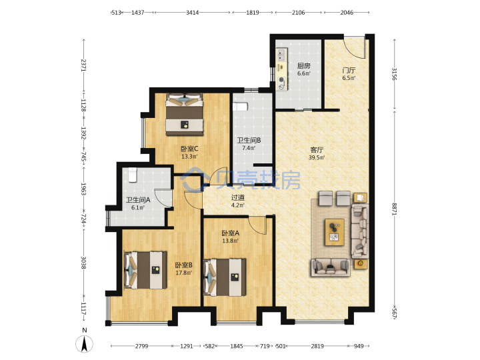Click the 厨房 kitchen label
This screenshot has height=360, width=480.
pos(304,66)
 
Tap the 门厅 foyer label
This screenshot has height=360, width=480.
pos(349,71)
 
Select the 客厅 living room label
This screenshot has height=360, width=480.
pos(317,150)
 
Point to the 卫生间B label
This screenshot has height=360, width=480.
pos(249,141)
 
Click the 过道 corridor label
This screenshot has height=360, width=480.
pos(238,198)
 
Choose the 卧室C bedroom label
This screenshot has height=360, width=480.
pos(189,149)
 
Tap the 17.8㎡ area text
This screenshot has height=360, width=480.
pos(184,273)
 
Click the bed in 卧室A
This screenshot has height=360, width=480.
pos(225,277)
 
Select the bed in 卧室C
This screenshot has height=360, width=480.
pos(185,114)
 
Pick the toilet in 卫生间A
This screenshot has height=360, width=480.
pos(133,175)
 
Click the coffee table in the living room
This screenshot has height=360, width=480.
pos(335,232)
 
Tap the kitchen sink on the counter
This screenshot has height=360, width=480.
pos(281,55)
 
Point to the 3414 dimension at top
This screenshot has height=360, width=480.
pos(192,13)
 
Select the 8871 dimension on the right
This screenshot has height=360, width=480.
pos(394,209)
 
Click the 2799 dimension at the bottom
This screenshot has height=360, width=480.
pos(141,346)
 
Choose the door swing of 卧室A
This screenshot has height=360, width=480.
pos(257,225)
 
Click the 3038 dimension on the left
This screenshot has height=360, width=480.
pos(83,263)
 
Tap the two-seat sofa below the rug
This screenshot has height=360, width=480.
pos(331,267)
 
